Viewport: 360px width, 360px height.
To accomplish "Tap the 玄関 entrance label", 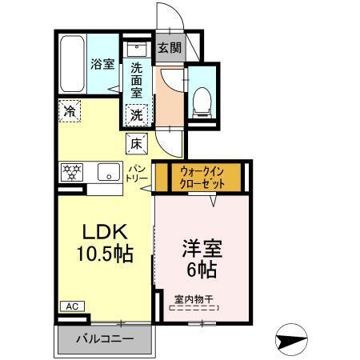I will tap(170, 48).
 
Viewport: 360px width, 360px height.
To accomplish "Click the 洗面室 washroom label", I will tap(137, 81).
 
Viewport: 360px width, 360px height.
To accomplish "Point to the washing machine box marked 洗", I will tap(137, 114).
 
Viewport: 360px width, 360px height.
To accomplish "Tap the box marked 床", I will tap(136, 145).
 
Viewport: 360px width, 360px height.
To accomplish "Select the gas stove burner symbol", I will tap(72, 170).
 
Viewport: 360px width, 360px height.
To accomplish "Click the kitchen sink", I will tap(107, 170).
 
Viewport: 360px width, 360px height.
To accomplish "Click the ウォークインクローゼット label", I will tap(202, 177).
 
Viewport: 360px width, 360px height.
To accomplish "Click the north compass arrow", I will tap(294, 339).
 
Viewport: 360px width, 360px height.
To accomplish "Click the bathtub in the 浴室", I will tap(73, 63).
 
